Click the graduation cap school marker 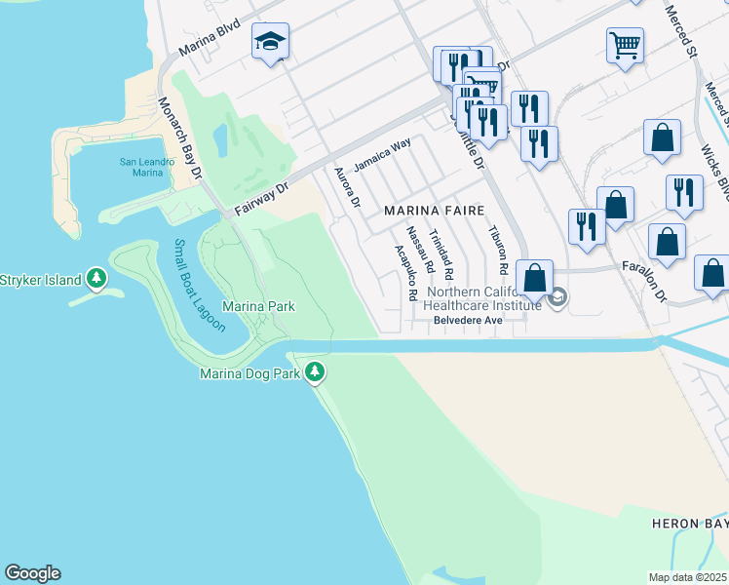(x=270, y=42)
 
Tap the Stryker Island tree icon (x=96, y=280)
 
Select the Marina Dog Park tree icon (x=314, y=371)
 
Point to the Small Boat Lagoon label (x=200, y=286)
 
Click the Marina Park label (x=258, y=306)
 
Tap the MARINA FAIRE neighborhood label (x=434, y=210)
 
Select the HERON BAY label (x=689, y=524)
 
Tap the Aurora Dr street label (x=348, y=188)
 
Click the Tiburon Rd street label (x=499, y=250)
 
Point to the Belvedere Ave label (x=467, y=318)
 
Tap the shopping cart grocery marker (x=624, y=43)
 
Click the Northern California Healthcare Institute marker (x=556, y=298)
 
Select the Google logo (x=32, y=573)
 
